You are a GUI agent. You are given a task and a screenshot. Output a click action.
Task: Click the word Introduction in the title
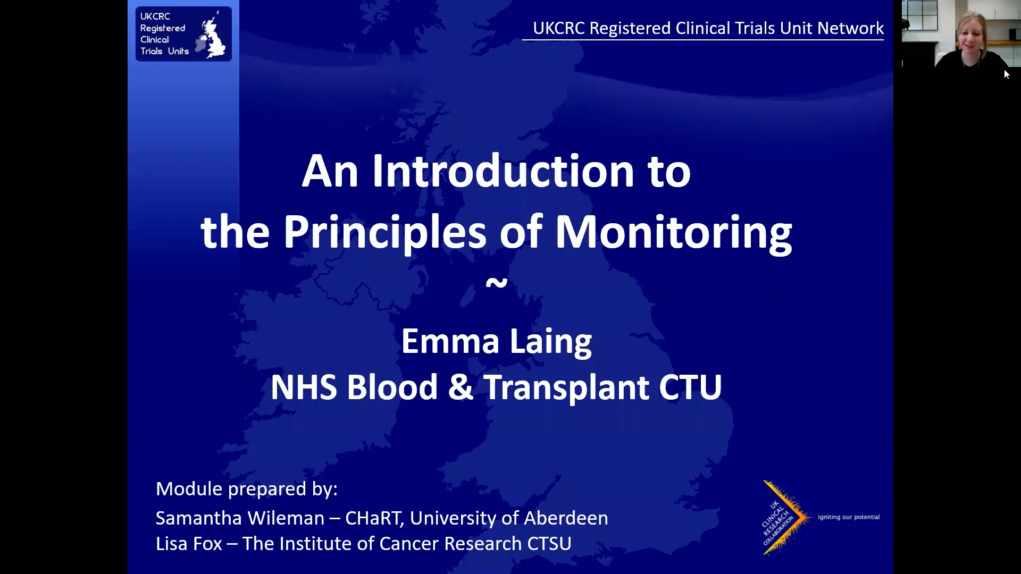503,171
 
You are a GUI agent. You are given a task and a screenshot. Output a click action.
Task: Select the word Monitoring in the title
673,232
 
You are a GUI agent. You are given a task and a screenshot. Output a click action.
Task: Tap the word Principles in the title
384,232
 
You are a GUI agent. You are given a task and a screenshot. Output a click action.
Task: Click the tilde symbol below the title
497,282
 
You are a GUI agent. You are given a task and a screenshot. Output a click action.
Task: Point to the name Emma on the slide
450,341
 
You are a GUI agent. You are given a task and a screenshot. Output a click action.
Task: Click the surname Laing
550,342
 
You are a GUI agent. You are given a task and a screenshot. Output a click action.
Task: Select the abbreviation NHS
303,387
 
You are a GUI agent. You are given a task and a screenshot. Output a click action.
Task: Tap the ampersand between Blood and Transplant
460,387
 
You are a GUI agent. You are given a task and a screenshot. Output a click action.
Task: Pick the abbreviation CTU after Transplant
690,387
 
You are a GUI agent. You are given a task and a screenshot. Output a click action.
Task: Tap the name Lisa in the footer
173,544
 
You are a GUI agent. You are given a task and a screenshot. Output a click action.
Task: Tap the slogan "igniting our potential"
849,517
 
